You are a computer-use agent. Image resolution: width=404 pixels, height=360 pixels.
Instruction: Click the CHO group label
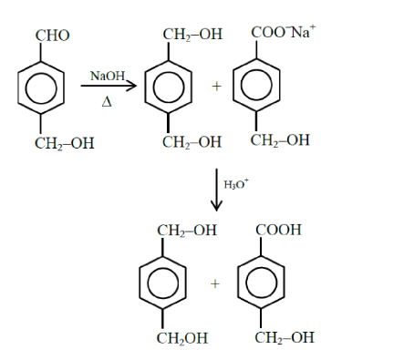(x=52, y=36)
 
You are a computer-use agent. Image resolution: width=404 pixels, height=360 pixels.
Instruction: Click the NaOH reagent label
(x=107, y=75)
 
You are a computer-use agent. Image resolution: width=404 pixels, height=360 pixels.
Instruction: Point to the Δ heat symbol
(x=107, y=101)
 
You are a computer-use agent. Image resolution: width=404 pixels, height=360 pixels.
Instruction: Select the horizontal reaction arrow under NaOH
(x=108, y=87)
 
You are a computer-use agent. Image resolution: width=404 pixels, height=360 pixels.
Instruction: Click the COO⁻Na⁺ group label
(x=288, y=34)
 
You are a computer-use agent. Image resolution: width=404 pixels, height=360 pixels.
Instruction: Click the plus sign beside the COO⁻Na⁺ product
(x=217, y=87)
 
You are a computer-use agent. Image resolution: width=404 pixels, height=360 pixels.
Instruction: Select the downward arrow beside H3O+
(x=216, y=190)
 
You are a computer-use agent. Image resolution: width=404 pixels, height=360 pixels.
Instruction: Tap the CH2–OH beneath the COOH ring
(x=285, y=337)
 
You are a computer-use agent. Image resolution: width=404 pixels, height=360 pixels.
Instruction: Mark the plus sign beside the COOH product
(x=215, y=283)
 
